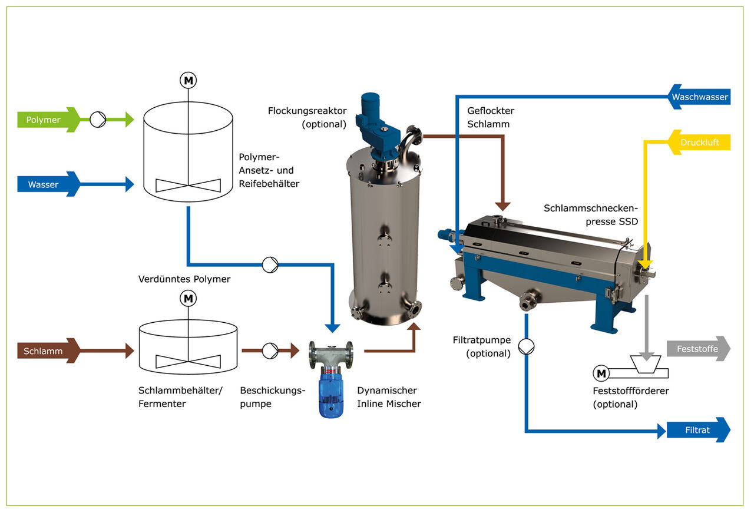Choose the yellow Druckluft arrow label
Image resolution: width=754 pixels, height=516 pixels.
(700, 143)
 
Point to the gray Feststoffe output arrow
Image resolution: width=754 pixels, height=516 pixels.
(698, 349)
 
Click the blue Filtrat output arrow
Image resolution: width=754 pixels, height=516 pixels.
(698, 430)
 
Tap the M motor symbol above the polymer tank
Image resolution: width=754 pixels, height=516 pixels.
(188, 81)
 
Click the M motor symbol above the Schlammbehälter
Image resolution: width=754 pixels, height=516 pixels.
(188, 299)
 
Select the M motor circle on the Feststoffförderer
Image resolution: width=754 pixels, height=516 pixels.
(601, 373)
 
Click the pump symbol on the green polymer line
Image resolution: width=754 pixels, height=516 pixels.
(98, 120)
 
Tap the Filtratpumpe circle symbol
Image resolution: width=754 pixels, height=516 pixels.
(527, 345)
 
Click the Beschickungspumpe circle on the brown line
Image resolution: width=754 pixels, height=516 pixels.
(270, 351)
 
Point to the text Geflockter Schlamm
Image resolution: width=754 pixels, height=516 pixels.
(491, 117)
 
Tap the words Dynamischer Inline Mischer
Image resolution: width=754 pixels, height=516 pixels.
(389, 397)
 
